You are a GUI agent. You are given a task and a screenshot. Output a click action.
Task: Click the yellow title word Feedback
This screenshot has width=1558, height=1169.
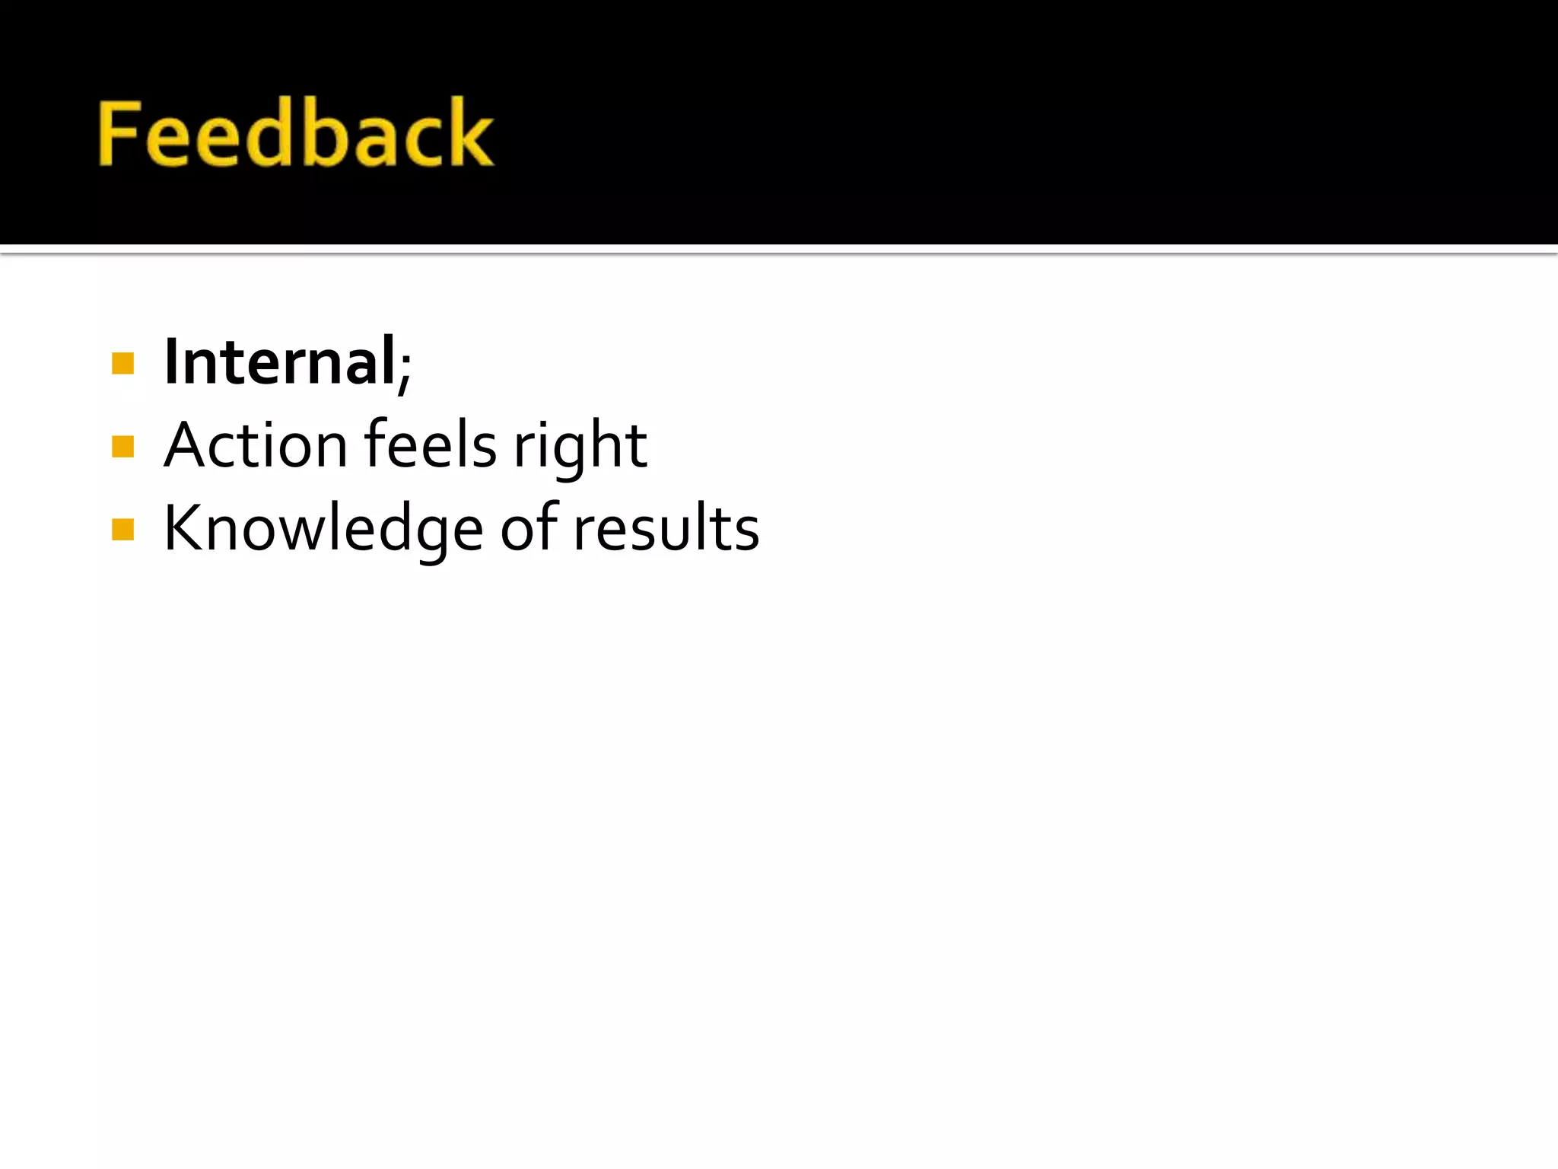[296, 133]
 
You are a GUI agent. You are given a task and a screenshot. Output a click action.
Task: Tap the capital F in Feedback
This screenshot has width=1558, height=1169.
[122, 135]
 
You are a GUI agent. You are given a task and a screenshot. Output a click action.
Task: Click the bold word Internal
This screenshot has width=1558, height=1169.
[280, 362]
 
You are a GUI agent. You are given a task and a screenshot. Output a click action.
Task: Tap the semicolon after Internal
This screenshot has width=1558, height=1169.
[405, 368]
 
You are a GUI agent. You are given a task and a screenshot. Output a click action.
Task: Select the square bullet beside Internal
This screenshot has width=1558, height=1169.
[122, 363]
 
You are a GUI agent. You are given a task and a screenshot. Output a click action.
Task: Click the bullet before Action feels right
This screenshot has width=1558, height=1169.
[122, 446]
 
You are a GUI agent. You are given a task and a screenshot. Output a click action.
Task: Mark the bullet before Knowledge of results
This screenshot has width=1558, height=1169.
[122, 529]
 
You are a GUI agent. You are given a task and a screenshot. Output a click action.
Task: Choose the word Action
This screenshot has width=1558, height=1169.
[256, 445]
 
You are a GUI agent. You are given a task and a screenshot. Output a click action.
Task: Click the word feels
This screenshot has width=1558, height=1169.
[431, 445]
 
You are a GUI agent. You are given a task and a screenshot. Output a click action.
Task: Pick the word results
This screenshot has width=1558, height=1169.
[666, 528]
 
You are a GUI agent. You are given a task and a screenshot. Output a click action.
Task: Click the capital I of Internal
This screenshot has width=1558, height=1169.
[171, 362]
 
